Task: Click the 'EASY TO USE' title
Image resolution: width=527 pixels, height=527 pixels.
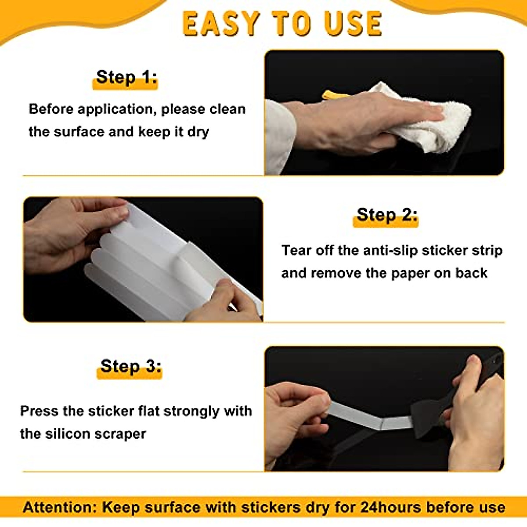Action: (282, 24)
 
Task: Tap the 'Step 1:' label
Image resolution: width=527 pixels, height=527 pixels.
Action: (126, 77)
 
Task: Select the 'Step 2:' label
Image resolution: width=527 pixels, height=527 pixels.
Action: (386, 215)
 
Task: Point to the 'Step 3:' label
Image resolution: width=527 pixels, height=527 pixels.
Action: (130, 366)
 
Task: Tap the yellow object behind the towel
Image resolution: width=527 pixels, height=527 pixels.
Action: (334, 95)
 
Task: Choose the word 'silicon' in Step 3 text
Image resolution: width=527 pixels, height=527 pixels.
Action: (67, 434)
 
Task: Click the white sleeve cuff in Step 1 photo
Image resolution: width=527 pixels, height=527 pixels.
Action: (279, 136)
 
